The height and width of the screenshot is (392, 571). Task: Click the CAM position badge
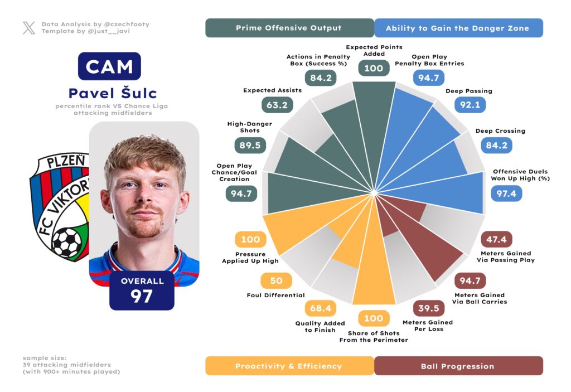coord(109,66)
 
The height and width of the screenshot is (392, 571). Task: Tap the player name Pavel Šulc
coord(113,93)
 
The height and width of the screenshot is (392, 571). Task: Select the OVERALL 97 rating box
coord(142,290)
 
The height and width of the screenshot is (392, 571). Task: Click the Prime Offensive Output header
coord(289,28)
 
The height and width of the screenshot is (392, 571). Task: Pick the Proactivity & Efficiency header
coord(289,366)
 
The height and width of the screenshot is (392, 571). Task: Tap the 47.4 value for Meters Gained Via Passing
coord(496,240)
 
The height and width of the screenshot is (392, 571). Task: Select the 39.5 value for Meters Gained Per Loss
coord(428,308)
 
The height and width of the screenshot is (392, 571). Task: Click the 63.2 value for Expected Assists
coord(276,104)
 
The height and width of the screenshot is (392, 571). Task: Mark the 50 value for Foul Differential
coord(276,280)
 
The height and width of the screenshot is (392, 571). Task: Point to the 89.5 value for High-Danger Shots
coord(249,145)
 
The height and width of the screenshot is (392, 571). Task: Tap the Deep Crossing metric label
coord(500,131)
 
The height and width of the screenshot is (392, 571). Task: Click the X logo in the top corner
coord(29,28)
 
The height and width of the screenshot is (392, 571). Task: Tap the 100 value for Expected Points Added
coord(374,68)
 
